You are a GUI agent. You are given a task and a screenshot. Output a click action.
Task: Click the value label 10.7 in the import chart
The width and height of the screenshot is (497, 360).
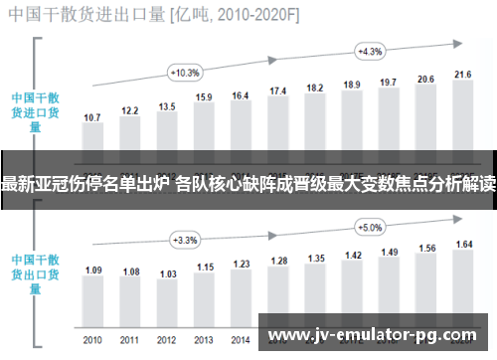click(92, 117)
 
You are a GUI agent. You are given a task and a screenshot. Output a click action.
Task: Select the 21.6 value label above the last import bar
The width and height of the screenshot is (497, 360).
click(462, 75)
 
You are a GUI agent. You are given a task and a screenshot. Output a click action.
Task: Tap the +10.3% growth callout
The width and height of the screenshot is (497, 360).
click(186, 72)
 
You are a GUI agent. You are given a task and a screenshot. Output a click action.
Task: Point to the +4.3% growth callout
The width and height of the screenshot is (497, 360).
click(369, 51)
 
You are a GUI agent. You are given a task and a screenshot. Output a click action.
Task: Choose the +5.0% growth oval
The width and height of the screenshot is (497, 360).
click(369, 227)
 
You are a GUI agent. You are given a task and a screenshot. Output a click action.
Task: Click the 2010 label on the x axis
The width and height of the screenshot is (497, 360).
click(92, 340)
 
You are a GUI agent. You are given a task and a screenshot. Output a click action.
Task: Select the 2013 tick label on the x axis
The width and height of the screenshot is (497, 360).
click(204, 340)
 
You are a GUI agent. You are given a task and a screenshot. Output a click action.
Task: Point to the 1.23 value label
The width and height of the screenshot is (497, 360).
click(241, 263)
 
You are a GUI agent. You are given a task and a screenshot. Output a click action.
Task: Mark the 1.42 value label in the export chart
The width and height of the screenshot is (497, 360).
click(352, 255)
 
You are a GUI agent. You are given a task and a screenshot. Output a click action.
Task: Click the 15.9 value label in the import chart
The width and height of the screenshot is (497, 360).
click(204, 97)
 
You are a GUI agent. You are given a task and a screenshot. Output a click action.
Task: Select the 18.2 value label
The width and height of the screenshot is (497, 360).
click(315, 89)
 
